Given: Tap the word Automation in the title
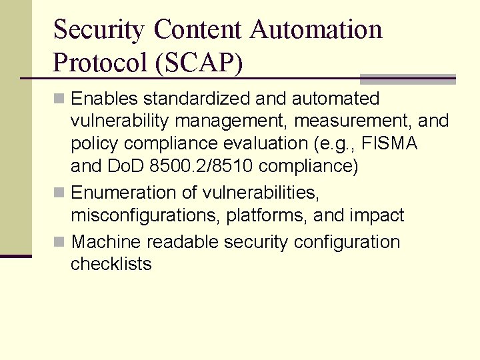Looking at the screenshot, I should coord(316,29).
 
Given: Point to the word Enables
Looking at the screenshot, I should coord(105,99).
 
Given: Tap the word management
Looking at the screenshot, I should coord(214,122).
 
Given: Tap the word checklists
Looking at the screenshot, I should coord(111,264).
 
